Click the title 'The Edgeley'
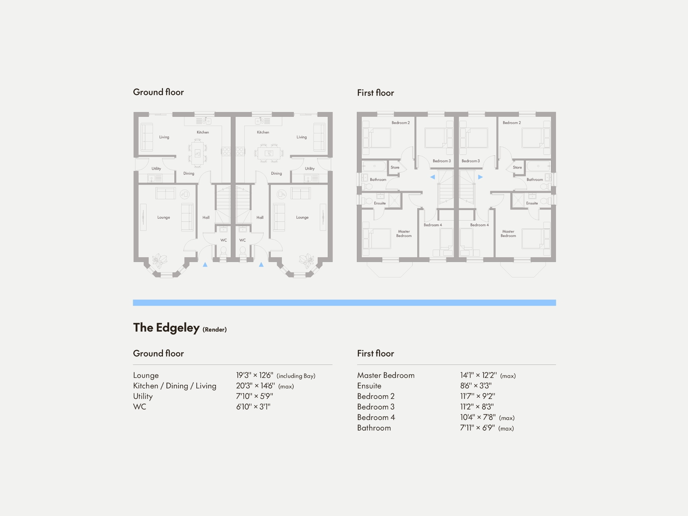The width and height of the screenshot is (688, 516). point(166,327)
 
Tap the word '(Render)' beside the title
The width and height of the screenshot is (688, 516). point(214,329)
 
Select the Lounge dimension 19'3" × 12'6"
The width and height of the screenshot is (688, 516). point(254,375)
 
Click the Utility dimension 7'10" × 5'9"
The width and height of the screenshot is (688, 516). point(254,396)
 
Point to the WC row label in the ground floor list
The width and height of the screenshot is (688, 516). point(139,407)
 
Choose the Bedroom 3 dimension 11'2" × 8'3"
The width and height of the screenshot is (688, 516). point(476,407)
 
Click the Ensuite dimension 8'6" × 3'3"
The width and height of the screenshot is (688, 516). point(475,386)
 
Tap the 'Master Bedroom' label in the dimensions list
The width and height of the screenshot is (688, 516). point(385,375)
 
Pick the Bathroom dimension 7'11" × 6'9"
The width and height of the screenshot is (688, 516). point(477,428)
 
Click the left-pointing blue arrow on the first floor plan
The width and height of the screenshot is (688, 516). point(432,177)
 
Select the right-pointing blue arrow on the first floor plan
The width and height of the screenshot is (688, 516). point(480,177)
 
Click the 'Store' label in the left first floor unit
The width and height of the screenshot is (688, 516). point(395,167)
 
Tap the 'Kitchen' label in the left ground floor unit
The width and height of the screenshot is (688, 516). point(203,132)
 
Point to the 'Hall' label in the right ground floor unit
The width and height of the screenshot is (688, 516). point(260,217)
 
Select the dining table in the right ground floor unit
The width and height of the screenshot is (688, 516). point(269,153)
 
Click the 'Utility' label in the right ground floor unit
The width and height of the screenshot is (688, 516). point(309,168)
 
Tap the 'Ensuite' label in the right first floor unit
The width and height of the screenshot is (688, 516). point(532,203)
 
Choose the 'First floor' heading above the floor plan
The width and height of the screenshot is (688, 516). point(375,93)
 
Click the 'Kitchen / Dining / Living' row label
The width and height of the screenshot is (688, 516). point(174,386)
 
